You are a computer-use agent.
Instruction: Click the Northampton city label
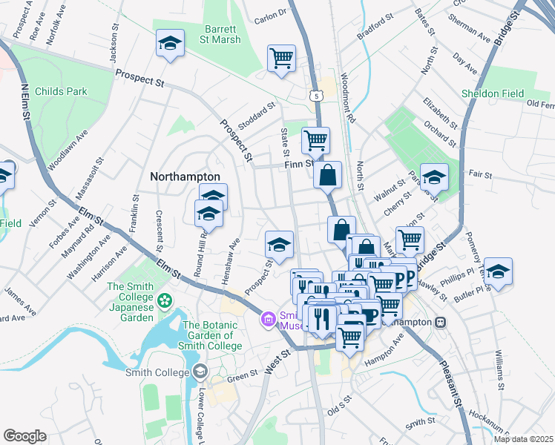click(185, 177)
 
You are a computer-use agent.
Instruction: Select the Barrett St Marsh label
click(220, 35)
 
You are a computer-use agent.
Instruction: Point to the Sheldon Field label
click(493, 94)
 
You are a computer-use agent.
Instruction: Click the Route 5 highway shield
click(317, 95)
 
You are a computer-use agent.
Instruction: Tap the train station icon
click(441, 323)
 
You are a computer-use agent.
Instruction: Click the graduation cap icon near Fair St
click(434, 177)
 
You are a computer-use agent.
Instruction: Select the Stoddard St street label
click(256, 117)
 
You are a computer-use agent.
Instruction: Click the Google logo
click(25, 436)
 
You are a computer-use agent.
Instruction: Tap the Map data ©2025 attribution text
click(522, 439)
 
